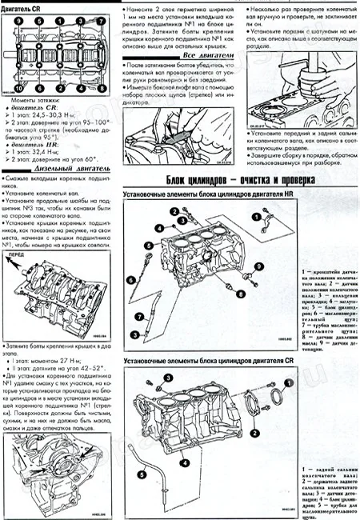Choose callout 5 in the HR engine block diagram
click(149, 244)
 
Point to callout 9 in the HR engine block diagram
click(258, 264)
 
